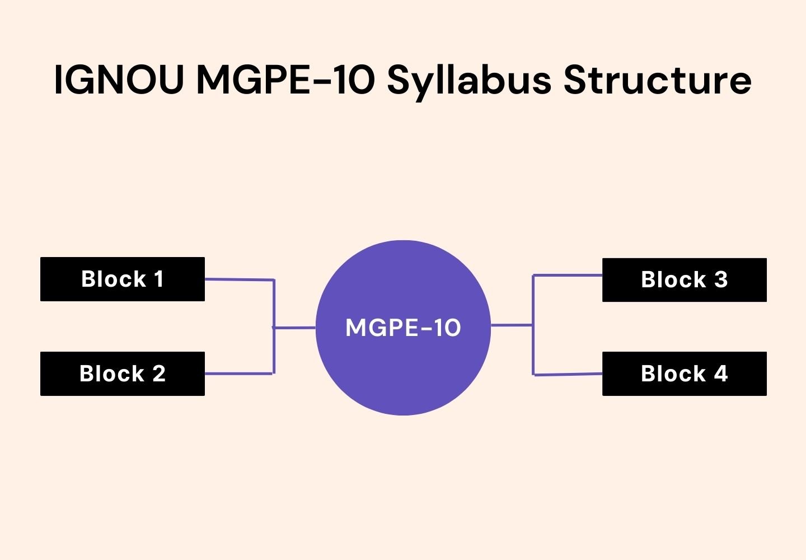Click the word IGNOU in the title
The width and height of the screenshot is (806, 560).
click(x=119, y=80)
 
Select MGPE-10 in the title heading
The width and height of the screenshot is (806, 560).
click(x=285, y=80)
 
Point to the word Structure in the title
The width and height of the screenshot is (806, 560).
click(x=657, y=80)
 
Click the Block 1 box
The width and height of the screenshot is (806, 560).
click(x=123, y=279)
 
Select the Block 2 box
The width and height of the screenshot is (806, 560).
click(x=123, y=374)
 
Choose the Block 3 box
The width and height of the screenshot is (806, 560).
click(x=684, y=279)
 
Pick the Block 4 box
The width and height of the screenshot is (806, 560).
click(x=684, y=374)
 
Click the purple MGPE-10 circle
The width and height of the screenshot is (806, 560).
click(x=403, y=370)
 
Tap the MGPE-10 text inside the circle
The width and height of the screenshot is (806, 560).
click(x=403, y=328)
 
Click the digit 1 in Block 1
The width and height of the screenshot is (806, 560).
click(x=159, y=279)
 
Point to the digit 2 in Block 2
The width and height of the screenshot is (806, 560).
click(x=159, y=374)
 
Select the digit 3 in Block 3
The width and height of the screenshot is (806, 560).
click(x=721, y=279)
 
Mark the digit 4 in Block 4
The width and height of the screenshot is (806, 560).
click(x=721, y=374)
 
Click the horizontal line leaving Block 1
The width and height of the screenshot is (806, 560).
click(x=240, y=279)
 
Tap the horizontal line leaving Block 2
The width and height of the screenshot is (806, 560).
click(x=238, y=374)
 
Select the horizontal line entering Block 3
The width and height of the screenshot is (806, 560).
click(x=568, y=276)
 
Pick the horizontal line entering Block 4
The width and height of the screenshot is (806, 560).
click(x=568, y=375)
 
